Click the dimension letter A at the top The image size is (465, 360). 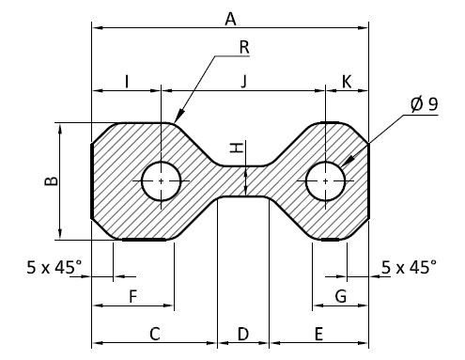point(230,20)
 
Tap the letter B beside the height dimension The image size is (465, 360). point(52,181)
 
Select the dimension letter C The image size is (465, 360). point(155,334)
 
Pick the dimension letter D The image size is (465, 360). point(243,334)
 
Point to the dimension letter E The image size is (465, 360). point(318,334)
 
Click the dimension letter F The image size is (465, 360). point(133,296)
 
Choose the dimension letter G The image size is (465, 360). point(341,296)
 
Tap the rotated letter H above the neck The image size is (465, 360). point(237,148)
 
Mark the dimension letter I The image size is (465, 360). point(127,82)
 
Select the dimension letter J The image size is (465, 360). point(244,82)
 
